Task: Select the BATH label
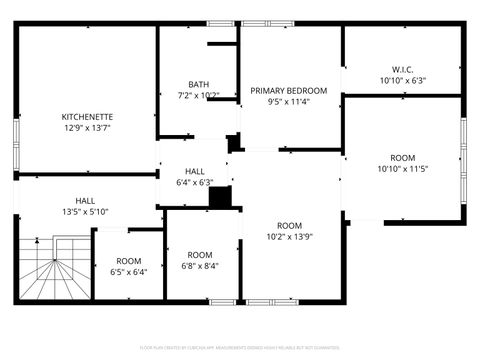click(198, 84)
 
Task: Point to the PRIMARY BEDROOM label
click(289, 90)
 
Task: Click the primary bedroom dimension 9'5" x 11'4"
click(289, 101)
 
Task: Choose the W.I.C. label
click(402, 69)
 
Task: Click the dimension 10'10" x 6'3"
click(402, 80)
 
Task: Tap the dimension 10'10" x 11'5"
click(402, 169)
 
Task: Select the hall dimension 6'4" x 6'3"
click(194, 183)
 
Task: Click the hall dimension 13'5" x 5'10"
click(85, 211)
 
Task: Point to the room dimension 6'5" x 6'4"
click(129, 271)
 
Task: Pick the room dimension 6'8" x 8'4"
click(200, 266)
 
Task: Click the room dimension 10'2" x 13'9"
click(289, 237)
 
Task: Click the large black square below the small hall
click(220, 197)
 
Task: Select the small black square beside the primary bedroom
click(234, 144)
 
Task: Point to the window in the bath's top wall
click(221, 23)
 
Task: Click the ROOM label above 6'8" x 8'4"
click(200, 254)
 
